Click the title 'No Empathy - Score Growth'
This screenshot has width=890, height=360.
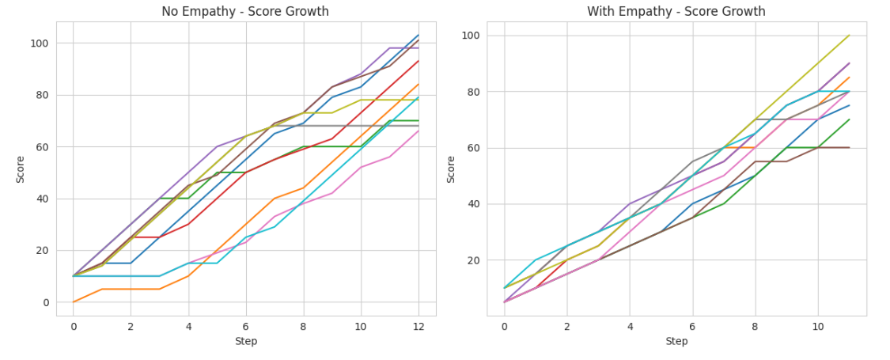[x=245, y=12]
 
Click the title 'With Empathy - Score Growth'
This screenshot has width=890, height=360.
[x=676, y=12]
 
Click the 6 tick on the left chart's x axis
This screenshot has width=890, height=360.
[x=245, y=325]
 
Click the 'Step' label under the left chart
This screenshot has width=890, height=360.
[x=245, y=342]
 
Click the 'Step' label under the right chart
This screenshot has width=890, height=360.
[x=676, y=342]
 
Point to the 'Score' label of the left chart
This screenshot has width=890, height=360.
[x=21, y=169]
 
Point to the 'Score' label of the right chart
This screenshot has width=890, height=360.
[x=452, y=169]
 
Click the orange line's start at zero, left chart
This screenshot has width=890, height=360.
[x=74, y=302]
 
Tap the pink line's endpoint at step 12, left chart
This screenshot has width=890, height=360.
[x=418, y=131]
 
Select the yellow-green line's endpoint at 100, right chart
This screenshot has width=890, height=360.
[x=849, y=36]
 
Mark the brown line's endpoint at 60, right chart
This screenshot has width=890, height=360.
[x=849, y=148]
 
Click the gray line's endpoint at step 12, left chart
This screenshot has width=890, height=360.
[x=418, y=126]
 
